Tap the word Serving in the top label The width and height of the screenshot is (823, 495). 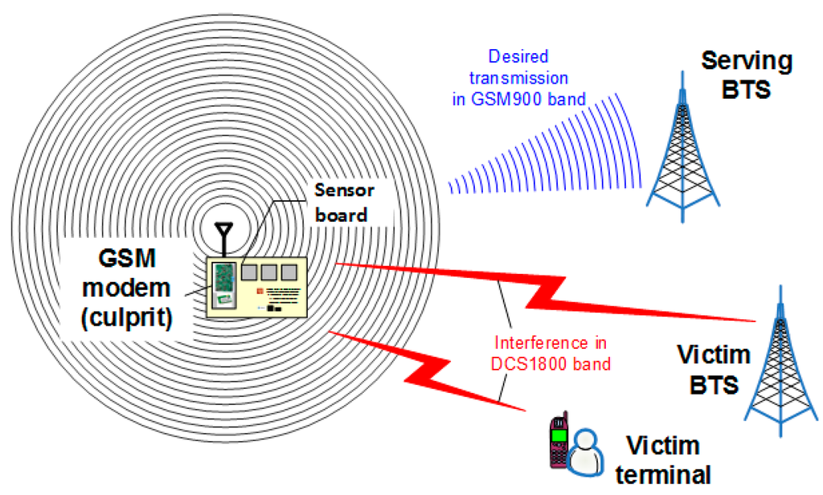tap(747, 61)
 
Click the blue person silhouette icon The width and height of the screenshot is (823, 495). tap(586, 453)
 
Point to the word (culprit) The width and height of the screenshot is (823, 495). tap(132, 315)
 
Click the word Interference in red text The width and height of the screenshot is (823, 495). tap(527, 342)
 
